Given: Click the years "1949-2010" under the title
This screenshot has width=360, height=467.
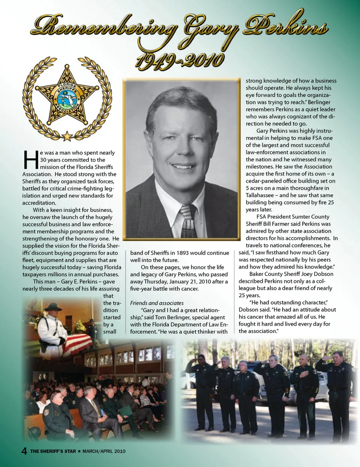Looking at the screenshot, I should pyautogui.click(x=180, y=60).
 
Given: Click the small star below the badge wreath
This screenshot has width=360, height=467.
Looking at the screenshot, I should pyautogui.click(x=67, y=135).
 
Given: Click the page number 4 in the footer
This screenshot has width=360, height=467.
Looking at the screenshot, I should pyautogui.click(x=24, y=451).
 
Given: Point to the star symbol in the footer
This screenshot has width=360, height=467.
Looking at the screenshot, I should pyautogui.click(x=79, y=451).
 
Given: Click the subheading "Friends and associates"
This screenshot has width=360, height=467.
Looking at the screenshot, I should pyautogui.click(x=157, y=303).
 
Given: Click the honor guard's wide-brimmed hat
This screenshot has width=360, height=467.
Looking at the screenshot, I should pyautogui.click(x=53, y=307).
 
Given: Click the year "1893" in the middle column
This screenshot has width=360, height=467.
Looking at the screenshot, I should pyautogui.click(x=183, y=253).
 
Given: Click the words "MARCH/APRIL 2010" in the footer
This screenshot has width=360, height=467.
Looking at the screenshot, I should pyautogui.click(x=104, y=451).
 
